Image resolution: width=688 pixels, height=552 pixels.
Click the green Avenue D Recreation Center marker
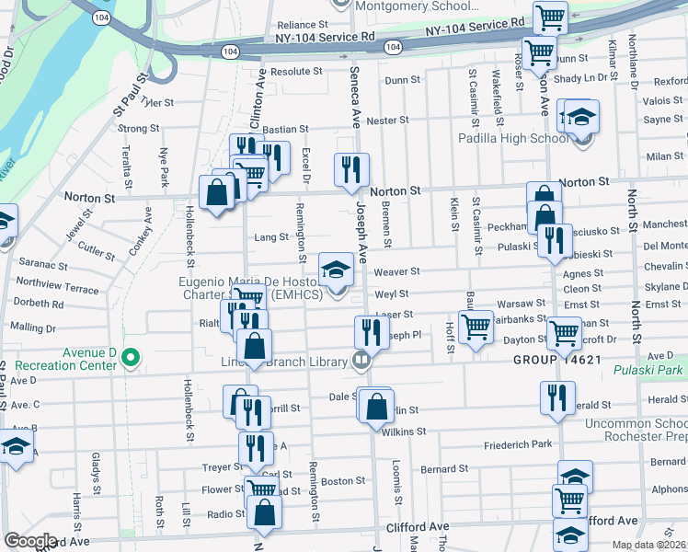131,357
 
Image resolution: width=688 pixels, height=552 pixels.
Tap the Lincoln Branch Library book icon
361,362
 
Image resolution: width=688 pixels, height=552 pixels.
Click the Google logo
30,541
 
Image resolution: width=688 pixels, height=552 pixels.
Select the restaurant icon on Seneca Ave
351,169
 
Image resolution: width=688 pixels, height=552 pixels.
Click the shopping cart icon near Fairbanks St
476,327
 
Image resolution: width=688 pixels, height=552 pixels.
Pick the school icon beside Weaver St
337,270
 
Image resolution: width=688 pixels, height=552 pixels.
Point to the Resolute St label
296,71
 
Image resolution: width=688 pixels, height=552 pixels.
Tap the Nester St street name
387,121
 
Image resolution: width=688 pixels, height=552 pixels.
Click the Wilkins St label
405,431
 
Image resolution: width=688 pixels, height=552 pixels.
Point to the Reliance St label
303,25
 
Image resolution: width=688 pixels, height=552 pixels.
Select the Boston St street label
343,481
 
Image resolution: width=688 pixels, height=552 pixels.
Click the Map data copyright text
649,545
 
